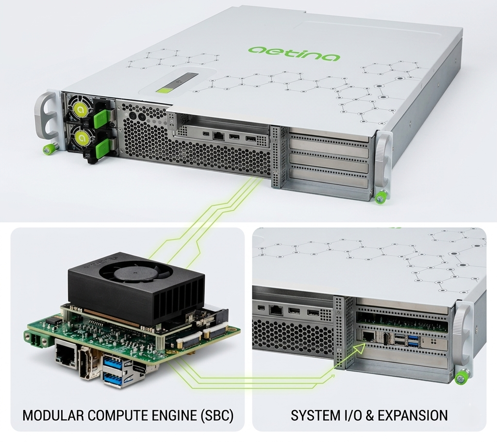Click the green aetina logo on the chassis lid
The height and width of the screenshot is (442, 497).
click(x=294, y=53)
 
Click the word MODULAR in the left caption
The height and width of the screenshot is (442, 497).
click(x=53, y=415)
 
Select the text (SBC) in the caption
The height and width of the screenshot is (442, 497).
click(x=217, y=416)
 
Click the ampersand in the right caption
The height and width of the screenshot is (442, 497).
click(x=369, y=415)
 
